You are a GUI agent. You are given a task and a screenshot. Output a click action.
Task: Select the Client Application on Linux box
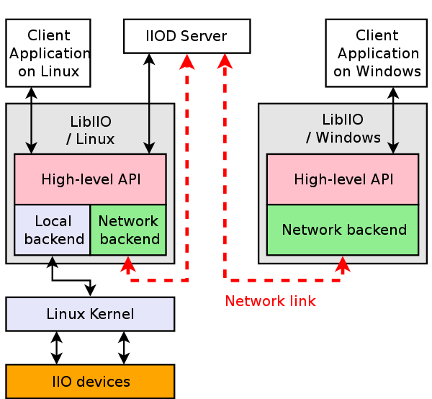coord(48,53)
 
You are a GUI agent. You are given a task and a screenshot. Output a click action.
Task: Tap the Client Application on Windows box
coord(377,53)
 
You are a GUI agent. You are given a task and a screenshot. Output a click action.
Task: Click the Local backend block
coord(53,230)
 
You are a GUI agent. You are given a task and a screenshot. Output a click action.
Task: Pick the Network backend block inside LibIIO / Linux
coord(128,230)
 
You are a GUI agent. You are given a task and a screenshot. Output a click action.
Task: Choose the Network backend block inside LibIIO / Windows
coord(343,230)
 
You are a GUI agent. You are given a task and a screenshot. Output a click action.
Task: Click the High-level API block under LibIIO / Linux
coord(90,179)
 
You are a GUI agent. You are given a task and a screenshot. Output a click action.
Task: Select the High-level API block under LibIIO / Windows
coord(343,179)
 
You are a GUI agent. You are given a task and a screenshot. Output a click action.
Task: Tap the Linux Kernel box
coord(90,314)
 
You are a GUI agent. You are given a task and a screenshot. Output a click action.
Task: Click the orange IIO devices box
coord(90,382)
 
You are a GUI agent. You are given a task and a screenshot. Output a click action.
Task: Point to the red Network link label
coord(270,301)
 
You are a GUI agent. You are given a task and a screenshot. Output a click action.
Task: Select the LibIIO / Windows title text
coord(343,129)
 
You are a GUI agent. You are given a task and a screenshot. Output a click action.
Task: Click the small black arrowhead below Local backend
coord(52,260)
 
